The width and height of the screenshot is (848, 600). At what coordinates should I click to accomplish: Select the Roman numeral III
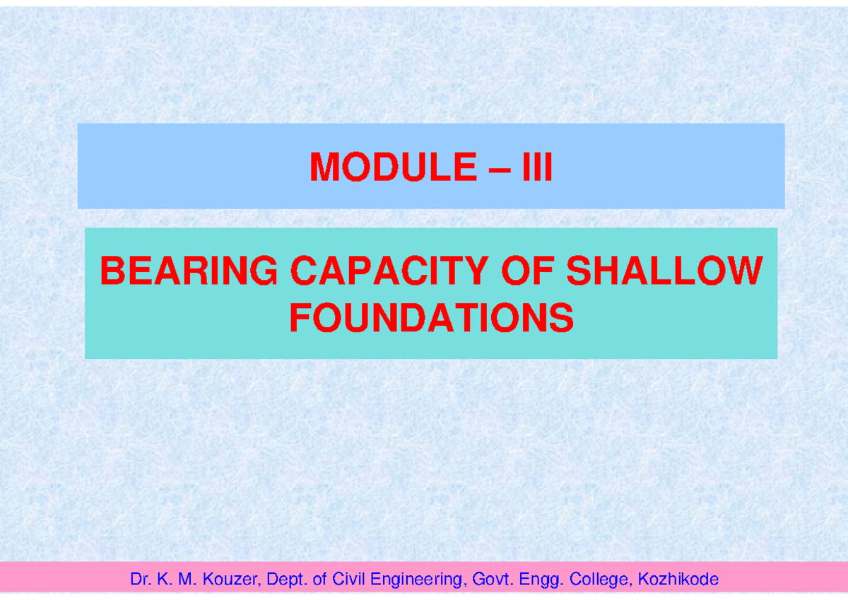[x=536, y=168]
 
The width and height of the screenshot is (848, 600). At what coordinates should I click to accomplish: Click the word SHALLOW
[x=665, y=271]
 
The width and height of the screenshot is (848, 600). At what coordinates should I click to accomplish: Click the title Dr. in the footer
[x=138, y=580]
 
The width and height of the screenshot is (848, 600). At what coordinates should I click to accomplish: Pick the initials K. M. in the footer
[x=172, y=580]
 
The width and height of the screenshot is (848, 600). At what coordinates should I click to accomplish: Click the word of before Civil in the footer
[x=318, y=580]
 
